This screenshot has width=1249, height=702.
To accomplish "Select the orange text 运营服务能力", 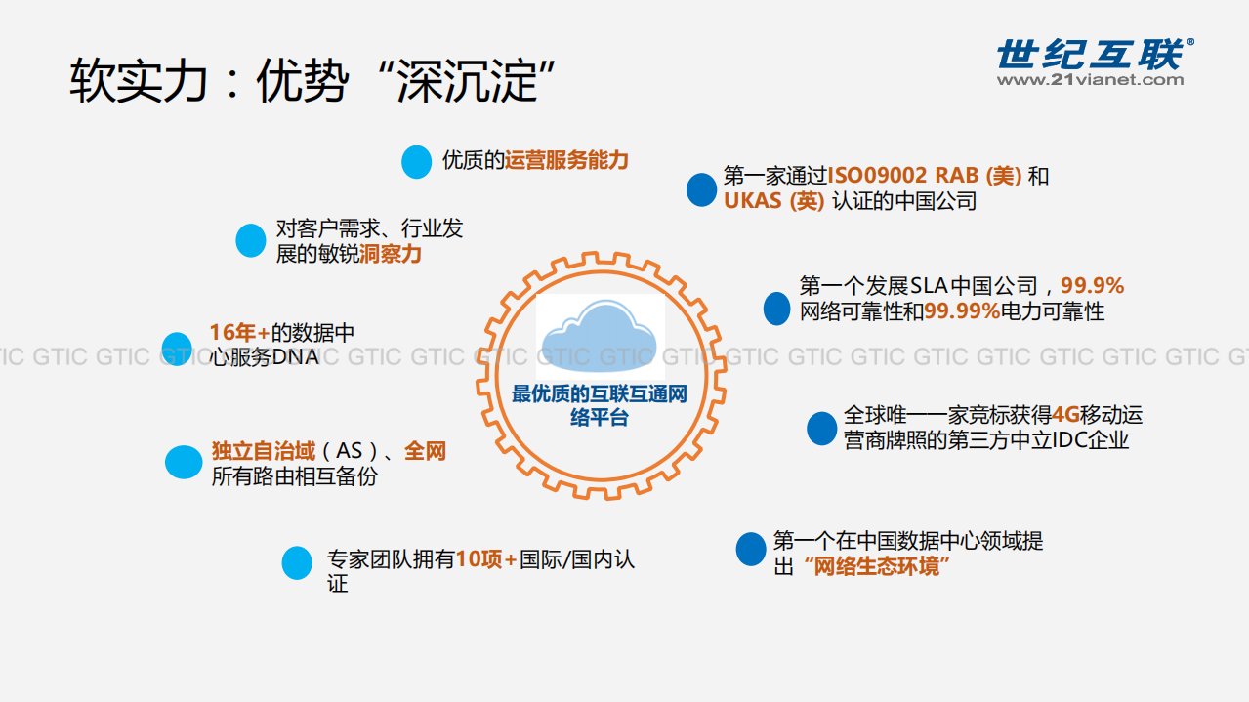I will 566,160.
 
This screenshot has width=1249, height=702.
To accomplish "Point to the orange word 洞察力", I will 390,255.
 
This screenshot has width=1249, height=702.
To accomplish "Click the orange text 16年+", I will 239,332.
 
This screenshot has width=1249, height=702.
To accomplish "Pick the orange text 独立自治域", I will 264,451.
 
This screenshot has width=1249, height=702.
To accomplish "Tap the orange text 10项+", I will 486,559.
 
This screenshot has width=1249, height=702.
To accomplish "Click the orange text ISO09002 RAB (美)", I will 925,176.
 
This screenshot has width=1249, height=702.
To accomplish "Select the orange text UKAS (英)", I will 773,201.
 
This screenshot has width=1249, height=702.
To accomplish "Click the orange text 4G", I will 1065,415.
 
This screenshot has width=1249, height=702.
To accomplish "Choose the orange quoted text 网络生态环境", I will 876,566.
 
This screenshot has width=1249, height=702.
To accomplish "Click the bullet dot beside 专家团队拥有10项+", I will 297,562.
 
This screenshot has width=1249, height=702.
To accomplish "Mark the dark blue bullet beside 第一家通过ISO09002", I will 701,189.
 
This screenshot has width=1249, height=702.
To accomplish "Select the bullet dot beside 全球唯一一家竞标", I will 821,429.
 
